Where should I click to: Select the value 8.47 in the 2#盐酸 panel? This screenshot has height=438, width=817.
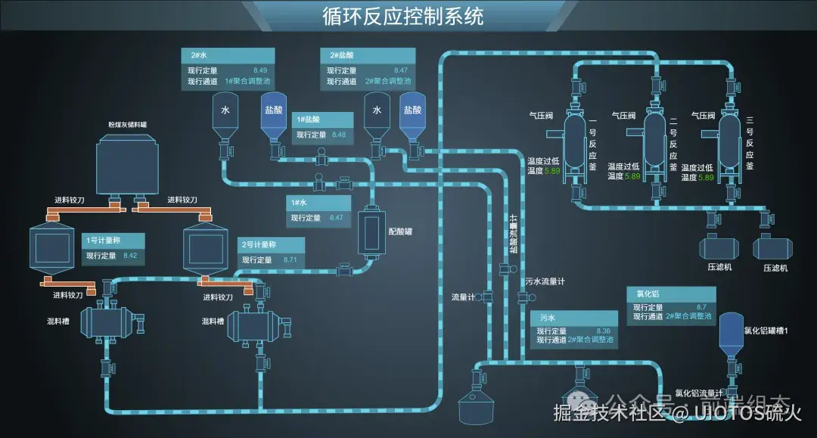coord(401,70)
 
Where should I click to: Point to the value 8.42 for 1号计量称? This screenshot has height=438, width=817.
coord(129,256)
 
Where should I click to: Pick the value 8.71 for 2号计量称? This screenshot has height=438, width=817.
coord(290,259)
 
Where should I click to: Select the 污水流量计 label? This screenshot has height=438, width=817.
coord(545,281)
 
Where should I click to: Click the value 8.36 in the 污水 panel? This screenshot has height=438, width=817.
coord(604,331)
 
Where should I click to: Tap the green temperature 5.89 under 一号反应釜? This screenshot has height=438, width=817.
coord(552,171)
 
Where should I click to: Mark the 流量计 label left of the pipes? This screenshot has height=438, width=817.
coord(463,297)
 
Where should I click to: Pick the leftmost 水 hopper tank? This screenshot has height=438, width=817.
coord(225,117)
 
